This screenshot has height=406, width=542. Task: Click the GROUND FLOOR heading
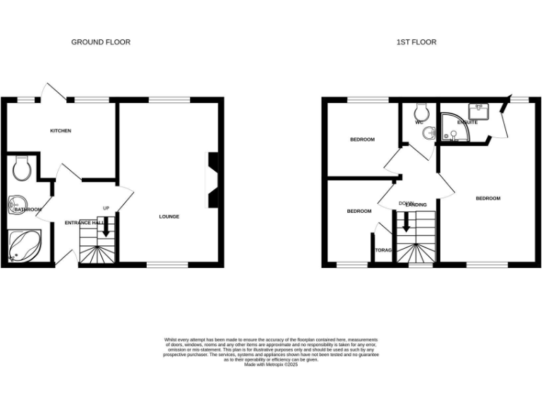101,42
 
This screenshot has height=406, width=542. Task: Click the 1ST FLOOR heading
416,42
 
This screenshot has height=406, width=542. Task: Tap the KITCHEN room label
60,131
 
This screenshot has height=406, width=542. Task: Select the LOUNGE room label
169,216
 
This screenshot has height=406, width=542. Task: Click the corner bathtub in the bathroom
25,247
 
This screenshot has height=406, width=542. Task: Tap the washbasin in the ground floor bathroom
18,207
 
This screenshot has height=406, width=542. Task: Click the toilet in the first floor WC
423,111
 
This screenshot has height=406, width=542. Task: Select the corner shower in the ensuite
452,127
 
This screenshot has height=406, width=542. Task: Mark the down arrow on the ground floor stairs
105,228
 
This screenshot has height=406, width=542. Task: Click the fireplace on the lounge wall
211,180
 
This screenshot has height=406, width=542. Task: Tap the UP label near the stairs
106,208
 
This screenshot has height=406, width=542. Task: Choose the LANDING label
416,205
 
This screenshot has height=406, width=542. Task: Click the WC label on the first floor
418,123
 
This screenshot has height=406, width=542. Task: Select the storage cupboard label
383,250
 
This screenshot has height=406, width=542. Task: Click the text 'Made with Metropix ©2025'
271,364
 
